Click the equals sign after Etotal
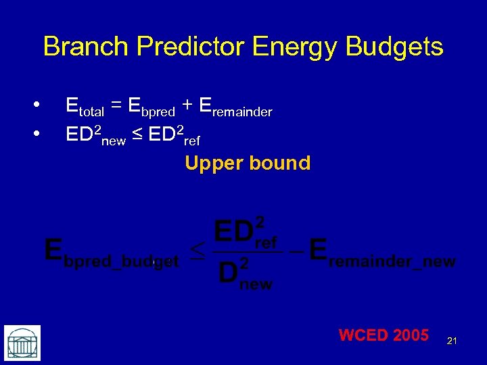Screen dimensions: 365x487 (x=116, y=105)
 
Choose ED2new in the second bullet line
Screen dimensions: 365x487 (x=95, y=135)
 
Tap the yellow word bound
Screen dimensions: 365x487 (x=279, y=163)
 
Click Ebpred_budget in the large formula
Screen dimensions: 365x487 (x=111, y=252)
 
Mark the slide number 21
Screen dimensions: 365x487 (x=452, y=341)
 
